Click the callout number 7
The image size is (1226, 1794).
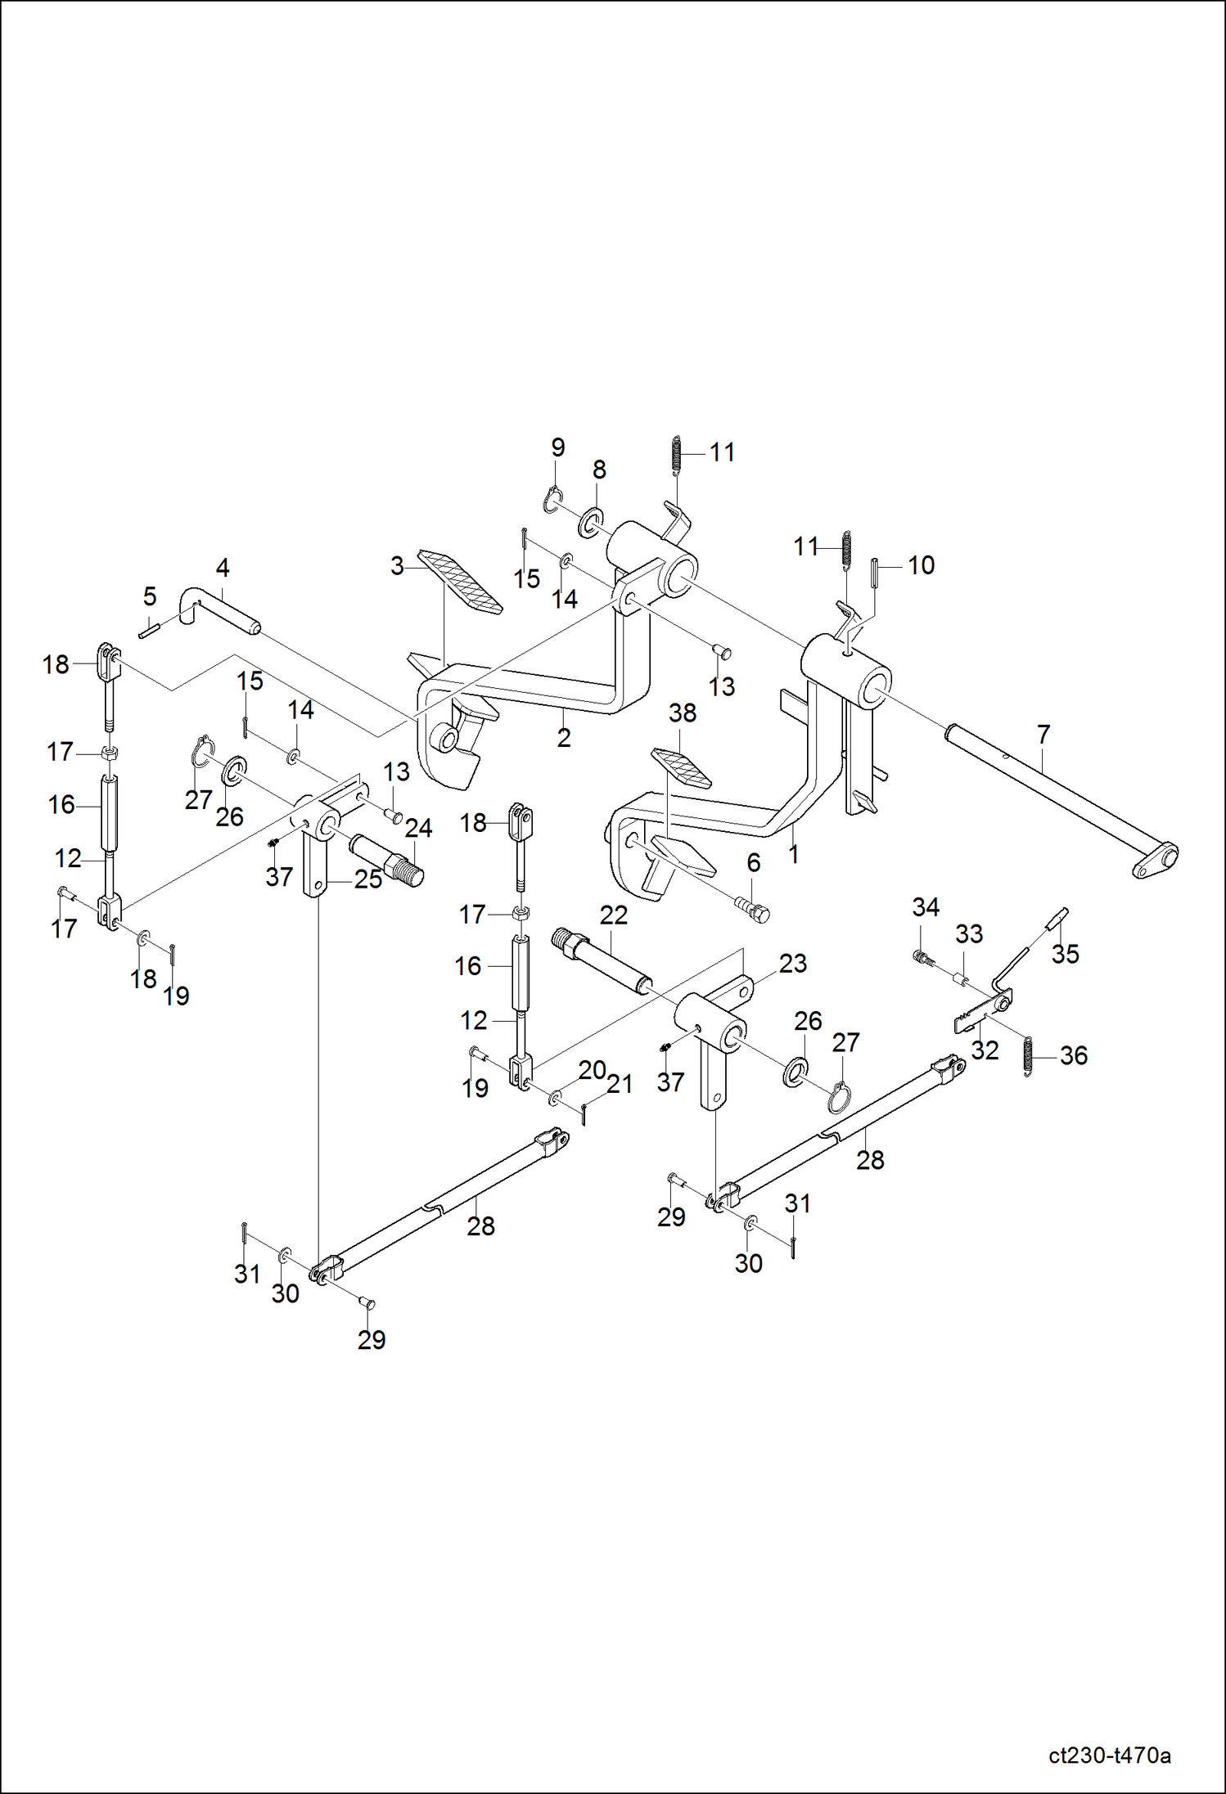pos(1043,734)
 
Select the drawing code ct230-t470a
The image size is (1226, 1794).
pos(1109,1755)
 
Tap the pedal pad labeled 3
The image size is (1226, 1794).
pos(460,582)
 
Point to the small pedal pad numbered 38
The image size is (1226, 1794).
pos(681,767)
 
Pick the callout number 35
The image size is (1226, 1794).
pos(1065,953)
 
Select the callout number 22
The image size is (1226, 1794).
pos(613,915)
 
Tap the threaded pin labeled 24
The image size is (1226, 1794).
pos(386,861)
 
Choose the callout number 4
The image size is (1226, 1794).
pos(222,567)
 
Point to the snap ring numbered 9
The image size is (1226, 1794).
pos(553,498)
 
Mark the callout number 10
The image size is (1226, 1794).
pos(921,564)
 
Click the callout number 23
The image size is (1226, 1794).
pos(792,963)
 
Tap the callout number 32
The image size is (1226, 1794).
pos(985,1050)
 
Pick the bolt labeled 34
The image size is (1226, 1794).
pos(922,955)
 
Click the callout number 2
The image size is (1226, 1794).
pos(564,737)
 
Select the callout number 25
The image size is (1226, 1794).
pos(368,879)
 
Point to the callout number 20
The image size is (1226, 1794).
pos(592,1069)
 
